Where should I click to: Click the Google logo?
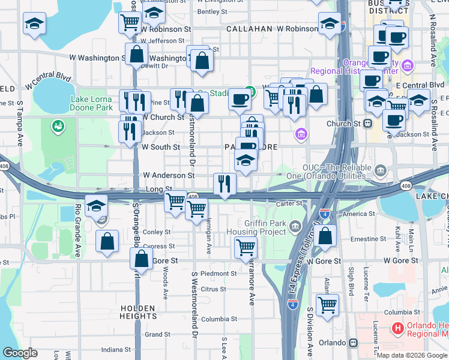(x=20, y=353)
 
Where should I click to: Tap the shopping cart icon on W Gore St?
(x=246, y=247)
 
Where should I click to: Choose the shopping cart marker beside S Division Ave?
(x=327, y=305)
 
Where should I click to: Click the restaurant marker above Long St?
(x=224, y=183)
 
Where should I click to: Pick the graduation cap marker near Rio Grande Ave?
(x=96, y=206)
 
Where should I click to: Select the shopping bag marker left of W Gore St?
(x=141, y=259)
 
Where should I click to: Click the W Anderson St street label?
(x=168, y=175)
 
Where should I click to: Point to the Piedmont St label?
(x=219, y=274)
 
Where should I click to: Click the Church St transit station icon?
(x=367, y=124)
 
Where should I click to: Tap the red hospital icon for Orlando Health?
(x=397, y=328)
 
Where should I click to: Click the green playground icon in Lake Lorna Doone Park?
(x=58, y=125)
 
